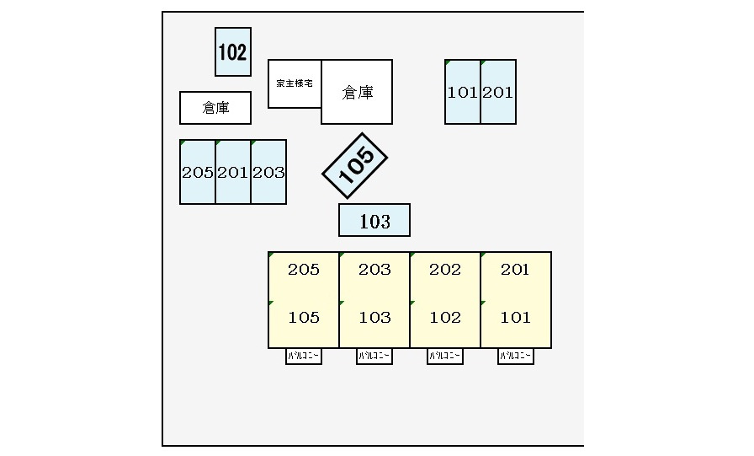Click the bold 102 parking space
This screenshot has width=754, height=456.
click(232, 52)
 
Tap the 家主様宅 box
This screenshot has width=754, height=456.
click(295, 83)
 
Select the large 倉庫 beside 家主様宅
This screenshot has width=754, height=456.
click(357, 92)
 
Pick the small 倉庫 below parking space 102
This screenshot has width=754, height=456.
click(215, 108)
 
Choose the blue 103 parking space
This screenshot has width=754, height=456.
click(374, 221)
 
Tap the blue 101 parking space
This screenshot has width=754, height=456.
click(463, 92)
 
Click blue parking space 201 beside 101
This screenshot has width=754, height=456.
click(498, 92)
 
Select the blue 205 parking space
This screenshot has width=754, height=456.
click(198, 172)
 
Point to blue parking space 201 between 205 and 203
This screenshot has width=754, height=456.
click(233, 172)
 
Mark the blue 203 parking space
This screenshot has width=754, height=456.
click(268, 172)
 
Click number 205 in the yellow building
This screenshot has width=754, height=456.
click(304, 270)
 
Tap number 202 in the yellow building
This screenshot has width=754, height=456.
click(445, 270)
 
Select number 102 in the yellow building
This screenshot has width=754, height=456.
click(445, 318)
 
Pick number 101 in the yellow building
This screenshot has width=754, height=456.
click(516, 318)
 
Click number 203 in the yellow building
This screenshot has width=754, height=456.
click(374, 270)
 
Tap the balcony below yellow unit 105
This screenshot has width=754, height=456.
click(304, 357)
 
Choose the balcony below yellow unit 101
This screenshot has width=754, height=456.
click(516, 357)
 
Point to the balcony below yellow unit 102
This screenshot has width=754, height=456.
click(445, 357)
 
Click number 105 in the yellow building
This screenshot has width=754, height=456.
click(304, 318)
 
